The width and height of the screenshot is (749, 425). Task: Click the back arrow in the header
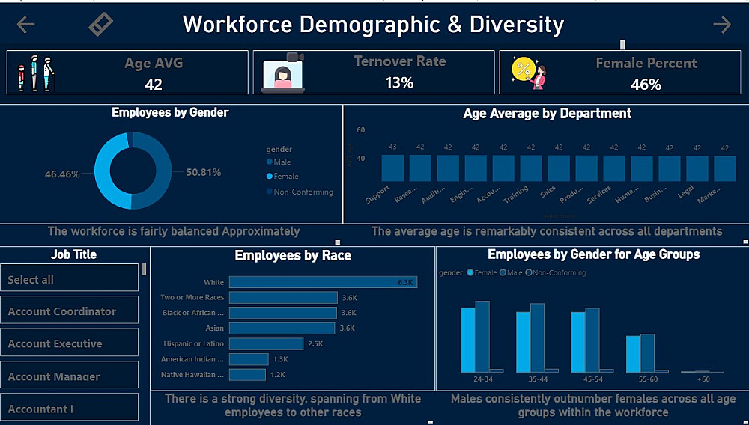(x=26, y=25)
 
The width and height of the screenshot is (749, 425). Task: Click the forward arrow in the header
(x=722, y=25)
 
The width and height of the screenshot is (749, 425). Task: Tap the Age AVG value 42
(x=154, y=85)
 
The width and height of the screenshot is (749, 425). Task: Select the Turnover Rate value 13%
(x=399, y=82)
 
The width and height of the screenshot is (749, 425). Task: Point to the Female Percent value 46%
(x=646, y=85)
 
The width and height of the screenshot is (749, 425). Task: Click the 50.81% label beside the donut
(x=204, y=172)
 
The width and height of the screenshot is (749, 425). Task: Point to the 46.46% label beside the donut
(x=62, y=174)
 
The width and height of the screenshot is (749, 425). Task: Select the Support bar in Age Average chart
(x=392, y=168)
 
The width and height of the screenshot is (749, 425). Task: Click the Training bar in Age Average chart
(x=531, y=168)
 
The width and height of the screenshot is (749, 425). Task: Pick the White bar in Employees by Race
(x=322, y=282)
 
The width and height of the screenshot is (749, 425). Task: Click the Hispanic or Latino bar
(x=266, y=343)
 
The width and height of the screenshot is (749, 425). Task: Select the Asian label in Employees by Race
(x=214, y=328)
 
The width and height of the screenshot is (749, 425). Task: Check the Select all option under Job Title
(x=70, y=279)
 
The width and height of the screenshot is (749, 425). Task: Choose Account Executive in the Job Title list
(x=70, y=343)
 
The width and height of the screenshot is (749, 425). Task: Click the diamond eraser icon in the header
(x=100, y=25)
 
